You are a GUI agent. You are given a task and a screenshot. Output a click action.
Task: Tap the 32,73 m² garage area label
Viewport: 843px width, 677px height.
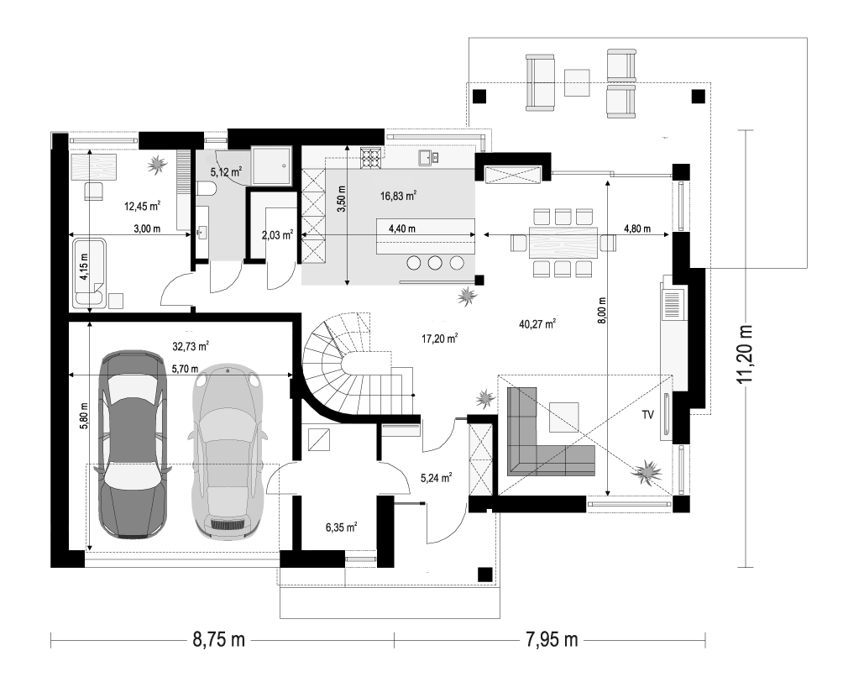[x=191, y=346]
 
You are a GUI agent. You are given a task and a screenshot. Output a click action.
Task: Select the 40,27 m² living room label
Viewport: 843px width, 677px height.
[x=537, y=323]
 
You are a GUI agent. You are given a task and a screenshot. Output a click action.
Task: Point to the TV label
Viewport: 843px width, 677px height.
[x=647, y=415]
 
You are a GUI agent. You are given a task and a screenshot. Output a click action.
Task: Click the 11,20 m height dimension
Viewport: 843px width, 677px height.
[x=745, y=354]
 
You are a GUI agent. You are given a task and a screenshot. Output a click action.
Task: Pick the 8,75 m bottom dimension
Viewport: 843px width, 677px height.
[x=219, y=640]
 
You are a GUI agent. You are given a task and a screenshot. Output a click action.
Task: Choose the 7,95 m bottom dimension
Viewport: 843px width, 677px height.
[x=551, y=640]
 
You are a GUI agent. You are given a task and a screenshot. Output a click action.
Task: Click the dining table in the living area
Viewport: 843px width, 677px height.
[x=563, y=243]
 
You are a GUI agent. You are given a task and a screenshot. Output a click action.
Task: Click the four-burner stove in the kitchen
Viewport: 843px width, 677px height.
[x=371, y=158]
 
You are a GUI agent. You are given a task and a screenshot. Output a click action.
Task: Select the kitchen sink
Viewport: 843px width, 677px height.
[x=428, y=158]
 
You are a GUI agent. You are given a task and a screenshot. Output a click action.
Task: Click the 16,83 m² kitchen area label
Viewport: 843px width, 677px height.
[x=398, y=197]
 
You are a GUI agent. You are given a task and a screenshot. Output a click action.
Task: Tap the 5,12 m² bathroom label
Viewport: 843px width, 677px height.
[x=226, y=172]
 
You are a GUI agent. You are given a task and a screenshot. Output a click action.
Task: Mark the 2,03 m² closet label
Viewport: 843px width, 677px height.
[x=277, y=235]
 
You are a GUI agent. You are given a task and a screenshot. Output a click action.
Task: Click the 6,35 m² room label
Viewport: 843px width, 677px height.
[x=342, y=527]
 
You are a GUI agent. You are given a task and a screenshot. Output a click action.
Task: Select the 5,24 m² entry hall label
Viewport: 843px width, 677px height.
[x=436, y=477]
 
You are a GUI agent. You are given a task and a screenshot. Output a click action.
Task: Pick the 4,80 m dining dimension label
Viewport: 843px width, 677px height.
[x=637, y=228]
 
